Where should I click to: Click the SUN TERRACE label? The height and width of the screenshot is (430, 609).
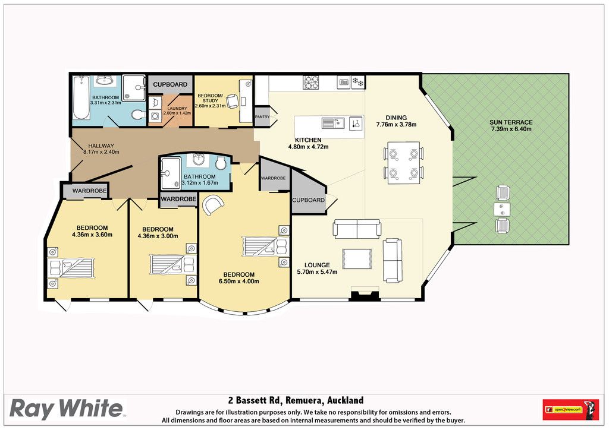pyautogui.click(x=511, y=122)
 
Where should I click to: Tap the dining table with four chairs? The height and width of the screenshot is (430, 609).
pyautogui.click(x=404, y=163)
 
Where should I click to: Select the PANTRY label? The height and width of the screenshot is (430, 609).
pyautogui.click(x=262, y=117)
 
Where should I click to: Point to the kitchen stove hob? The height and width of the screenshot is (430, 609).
pyautogui.click(x=310, y=82)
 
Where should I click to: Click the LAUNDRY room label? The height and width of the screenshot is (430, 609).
pyautogui.click(x=177, y=109)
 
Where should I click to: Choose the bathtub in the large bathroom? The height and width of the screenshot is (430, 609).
pyautogui.click(x=81, y=98)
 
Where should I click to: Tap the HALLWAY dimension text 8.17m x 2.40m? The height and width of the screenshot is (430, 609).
pyautogui.click(x=101, y=152)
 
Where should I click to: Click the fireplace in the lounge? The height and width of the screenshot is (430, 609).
pyautogui.click(x=365, y=294)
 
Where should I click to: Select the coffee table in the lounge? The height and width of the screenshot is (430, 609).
pyautogui.click(x=357, y=258)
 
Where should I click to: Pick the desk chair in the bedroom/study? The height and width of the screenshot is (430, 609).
pyautogui.click(x=233, y=101)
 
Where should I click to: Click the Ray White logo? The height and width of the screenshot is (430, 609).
pyautogui.click(x=66, y=408)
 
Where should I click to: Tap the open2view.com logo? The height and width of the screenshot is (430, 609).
pyautogui.click(x=570, y=409)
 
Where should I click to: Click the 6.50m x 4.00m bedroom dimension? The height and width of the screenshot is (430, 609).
pyautogui.click(x=239, y=281)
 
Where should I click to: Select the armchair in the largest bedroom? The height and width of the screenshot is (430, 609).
pyautogui.click(x=213, y=205)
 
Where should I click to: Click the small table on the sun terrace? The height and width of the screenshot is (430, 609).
pyautogui.click(x=502, y=210)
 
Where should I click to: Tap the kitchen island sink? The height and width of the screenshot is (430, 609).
pyautogui.click(x=333, y=124)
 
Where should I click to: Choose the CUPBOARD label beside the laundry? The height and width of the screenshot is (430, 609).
pyautogui.click(x=170, y=84)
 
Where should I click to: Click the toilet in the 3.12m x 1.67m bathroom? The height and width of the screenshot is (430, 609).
pyautogui.click(x=221, y=163)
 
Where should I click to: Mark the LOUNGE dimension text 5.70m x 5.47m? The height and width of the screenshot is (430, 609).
pyautogui.click(x=318, y=272)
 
